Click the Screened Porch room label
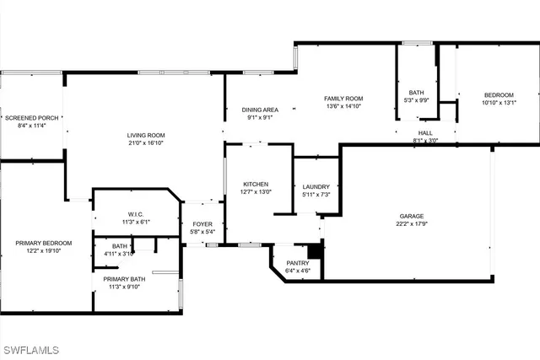tap(31, 118)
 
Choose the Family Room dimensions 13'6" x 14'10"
tap(343, 106)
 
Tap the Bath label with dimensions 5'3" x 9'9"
tap(417, 93)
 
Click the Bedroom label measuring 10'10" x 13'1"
tap(499, 94)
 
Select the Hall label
tap(424, 133)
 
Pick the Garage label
tap(412, 216)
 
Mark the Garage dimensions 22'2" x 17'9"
tap(412, 224)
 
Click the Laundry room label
tap(316, 186)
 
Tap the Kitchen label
tap(256, 184)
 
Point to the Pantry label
tap(297, 263)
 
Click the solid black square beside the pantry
tap(315, 250)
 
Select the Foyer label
tap(202, 224)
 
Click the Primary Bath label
tap(124, 278)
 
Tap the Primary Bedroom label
tap(44, 243)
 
